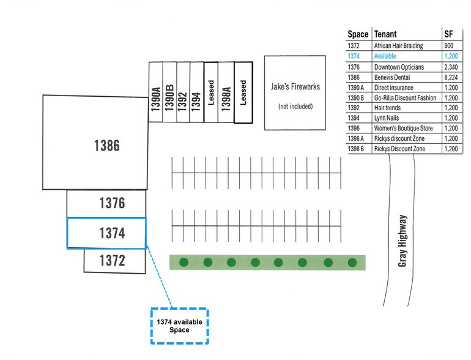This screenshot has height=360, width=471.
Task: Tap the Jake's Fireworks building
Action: pyautogui.click(x=295, y=92)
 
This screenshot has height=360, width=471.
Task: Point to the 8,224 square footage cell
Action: pyautogui.click(x=451, y=78)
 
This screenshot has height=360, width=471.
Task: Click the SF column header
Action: pyautogui.click(x=449, y=34)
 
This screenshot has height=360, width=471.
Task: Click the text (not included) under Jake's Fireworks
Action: pyautogui.click(x=295, y=106)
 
